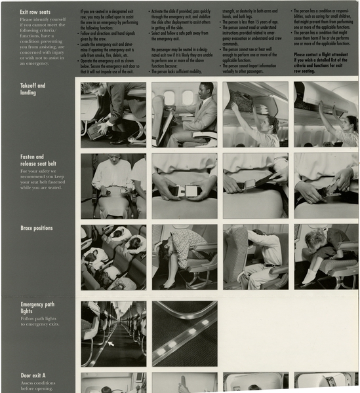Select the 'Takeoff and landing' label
(x=33, y=89)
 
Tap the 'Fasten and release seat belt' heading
(x=38, y=160)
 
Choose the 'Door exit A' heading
(x=33, y=376)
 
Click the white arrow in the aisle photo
(x=111, y=343)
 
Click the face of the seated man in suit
(x=206, y=90)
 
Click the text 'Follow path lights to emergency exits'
(x=40, y=321)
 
